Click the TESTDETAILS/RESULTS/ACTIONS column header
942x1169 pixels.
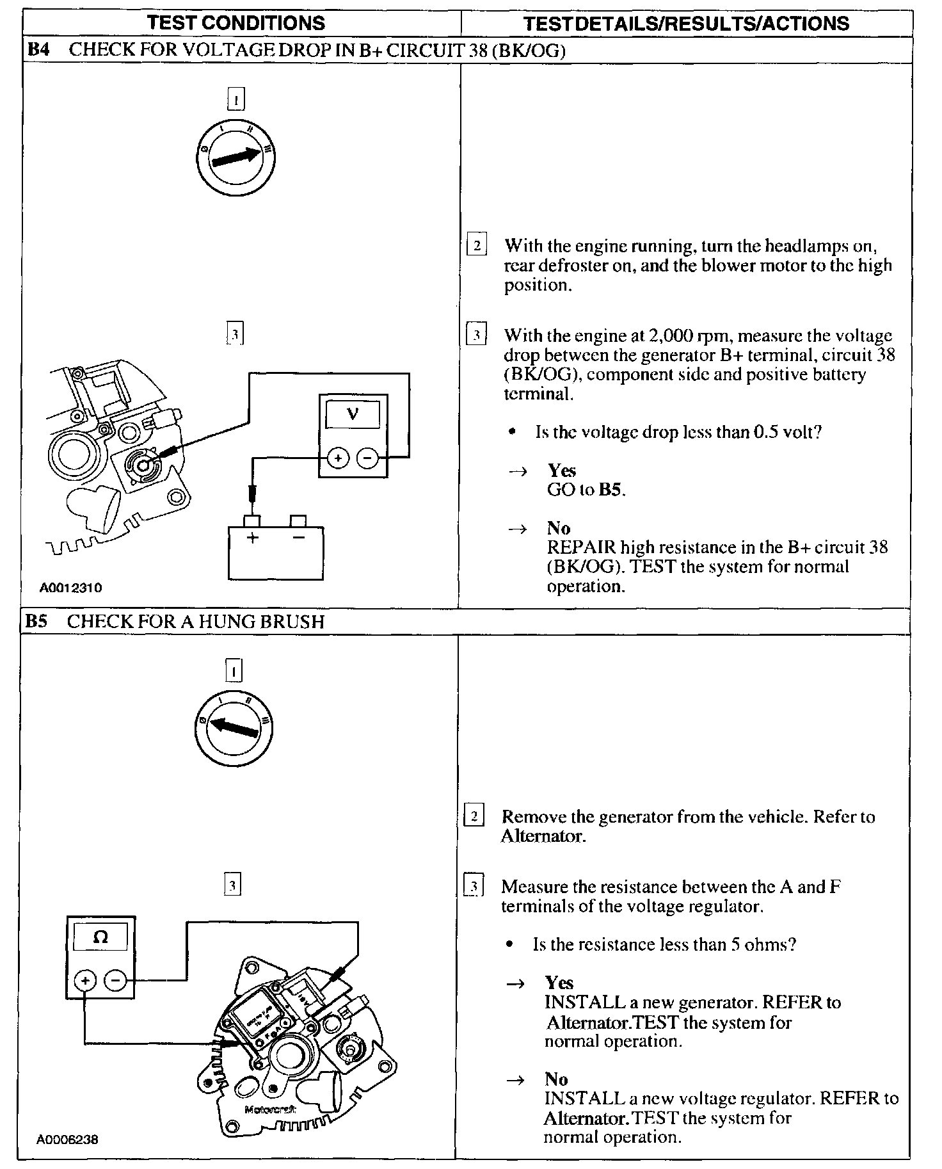(686, 24)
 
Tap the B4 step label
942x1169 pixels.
(39, 50)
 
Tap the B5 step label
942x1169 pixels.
(38, 621)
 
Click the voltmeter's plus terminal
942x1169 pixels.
(338, 458)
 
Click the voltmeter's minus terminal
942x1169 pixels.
(367, 458)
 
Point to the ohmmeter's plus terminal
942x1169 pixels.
(85, 980)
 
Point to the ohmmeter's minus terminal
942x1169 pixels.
(115, 980)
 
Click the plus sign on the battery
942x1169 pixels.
(252, 538)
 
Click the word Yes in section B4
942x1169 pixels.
(562, 471)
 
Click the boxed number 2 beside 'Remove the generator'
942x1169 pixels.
(474, 816)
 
